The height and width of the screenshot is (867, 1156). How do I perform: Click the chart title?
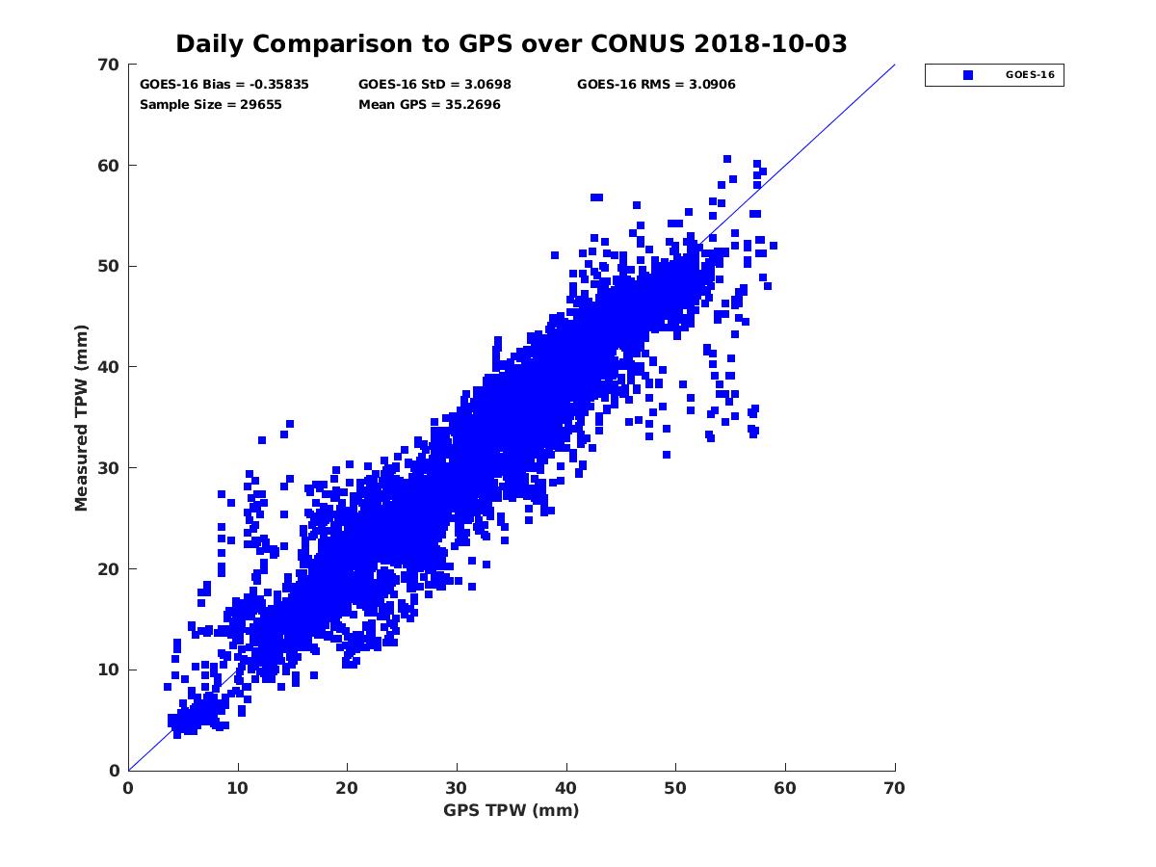tap(511, 44)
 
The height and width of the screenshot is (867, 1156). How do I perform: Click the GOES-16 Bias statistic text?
tap(224, 85)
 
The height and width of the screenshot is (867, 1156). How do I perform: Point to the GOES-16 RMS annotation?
tap(656, 85)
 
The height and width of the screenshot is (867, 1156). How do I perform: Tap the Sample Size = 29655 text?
tap(211, 105)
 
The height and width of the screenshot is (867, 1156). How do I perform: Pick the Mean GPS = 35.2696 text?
tap(430, 105)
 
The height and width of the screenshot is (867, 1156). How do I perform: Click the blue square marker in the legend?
tap(968, 75)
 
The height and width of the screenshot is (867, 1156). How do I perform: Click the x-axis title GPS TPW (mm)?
tap(512, 810)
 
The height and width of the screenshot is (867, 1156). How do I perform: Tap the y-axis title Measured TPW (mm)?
tap(81, 417)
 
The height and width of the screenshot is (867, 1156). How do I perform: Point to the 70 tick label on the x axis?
tap(895, 788)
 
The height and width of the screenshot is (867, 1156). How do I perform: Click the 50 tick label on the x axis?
tap(676, 788)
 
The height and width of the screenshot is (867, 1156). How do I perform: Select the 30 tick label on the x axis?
tap(457, 788)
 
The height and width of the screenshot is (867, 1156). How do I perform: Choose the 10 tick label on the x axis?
tap(238, 788)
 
